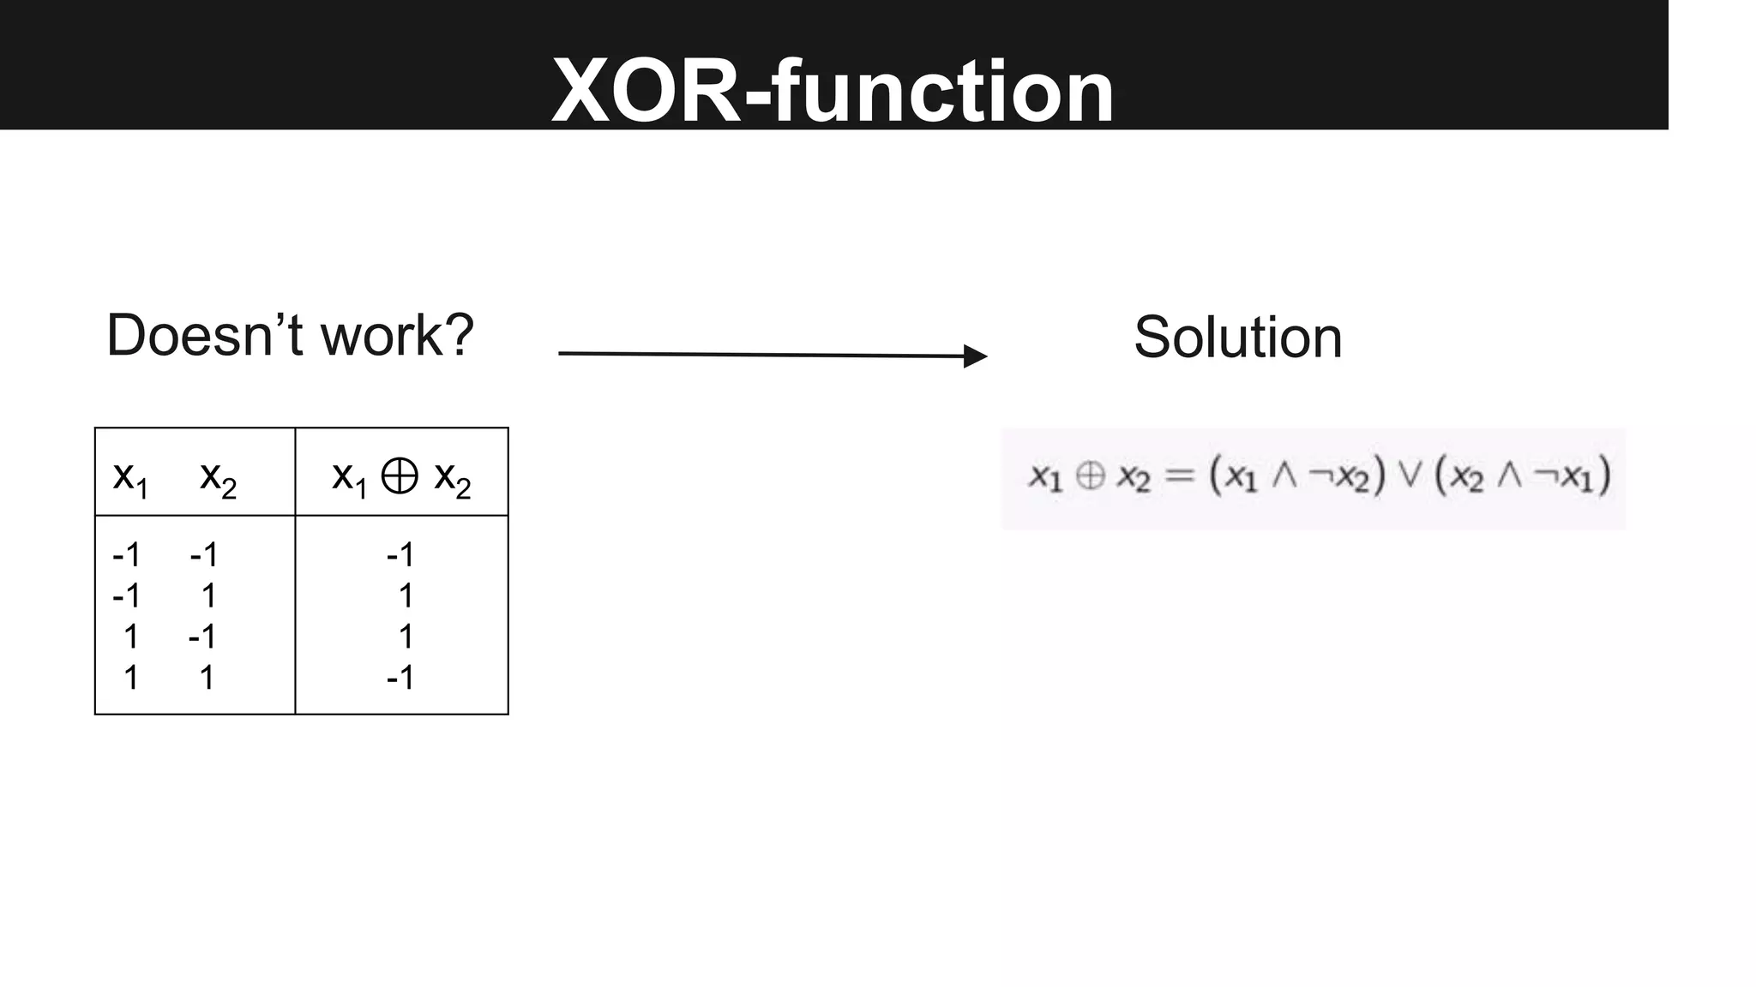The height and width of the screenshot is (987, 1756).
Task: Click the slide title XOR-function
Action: point(833,91)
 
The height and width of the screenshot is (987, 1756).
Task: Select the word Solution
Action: point(1237,338)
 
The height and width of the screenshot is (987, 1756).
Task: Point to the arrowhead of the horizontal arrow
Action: point(976,356)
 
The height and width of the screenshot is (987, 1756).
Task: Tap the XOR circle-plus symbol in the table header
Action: point(400,476)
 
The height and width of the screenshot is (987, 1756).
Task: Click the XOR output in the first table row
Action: point(400,555)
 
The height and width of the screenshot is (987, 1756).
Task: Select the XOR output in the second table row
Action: point(406,595)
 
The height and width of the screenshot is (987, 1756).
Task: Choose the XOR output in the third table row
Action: point(406,637)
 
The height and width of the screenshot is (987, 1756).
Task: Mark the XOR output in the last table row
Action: point(400,678)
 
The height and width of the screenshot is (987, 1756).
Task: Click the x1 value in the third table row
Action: point(130,637)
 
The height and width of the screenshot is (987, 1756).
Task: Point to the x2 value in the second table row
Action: point(207,595)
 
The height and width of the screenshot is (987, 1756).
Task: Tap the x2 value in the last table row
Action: point(207,678)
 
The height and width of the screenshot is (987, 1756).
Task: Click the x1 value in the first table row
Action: point(126,555)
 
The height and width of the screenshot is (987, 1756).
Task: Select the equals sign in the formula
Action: point(1180,476)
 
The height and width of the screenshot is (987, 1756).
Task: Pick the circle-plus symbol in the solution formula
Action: point(1090,476)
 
